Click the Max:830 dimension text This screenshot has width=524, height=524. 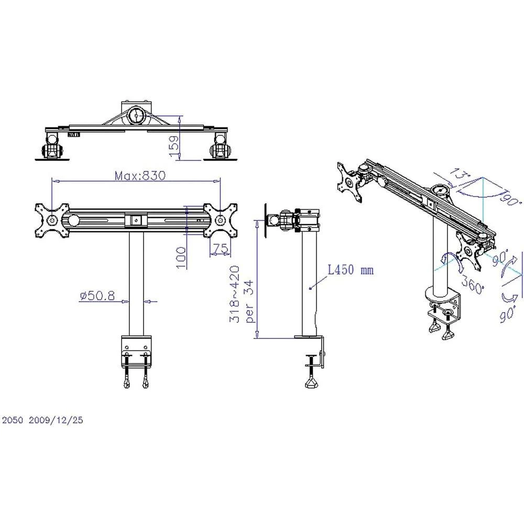pos(140,176)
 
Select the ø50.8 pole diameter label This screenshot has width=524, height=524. pos(97,296)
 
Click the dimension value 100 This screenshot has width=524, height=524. pos(181,258)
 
